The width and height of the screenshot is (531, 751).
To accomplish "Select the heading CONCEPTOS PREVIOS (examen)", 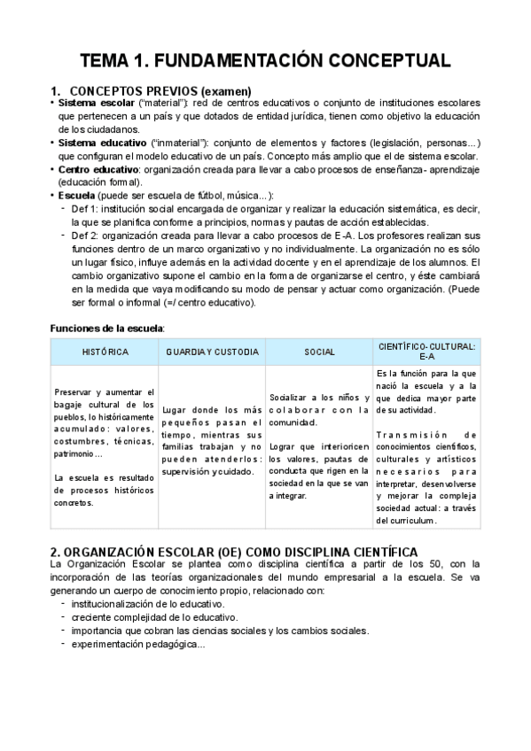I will (x=160, y=91).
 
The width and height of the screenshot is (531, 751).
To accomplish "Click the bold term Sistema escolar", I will (x=97, y=105).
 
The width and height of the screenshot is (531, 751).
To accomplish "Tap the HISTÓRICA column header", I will (x=105, y=352).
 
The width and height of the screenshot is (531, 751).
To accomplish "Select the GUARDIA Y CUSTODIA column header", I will (x=213, y=352).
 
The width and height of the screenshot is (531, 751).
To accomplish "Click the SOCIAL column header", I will (x=319, y=352).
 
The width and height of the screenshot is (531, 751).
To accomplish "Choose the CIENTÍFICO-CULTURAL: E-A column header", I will (x=426, y=352).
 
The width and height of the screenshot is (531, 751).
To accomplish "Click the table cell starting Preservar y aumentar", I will (x=105, y=447).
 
